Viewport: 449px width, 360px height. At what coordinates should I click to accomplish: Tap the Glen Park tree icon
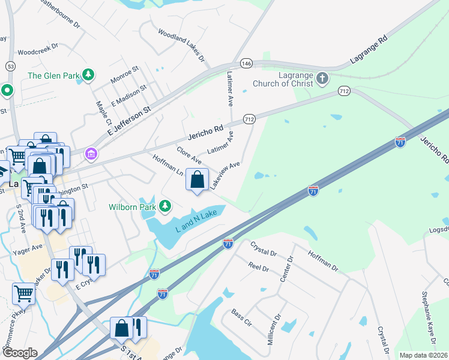tap(89, 75)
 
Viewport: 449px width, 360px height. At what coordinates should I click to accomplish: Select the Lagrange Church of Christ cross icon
tap(322, 78)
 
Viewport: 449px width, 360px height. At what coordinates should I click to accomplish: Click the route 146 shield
tap(246, 62)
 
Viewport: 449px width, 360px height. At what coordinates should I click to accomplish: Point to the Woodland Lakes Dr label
tap(181, 46)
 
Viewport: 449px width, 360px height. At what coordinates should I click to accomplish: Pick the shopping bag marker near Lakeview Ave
tap(197, 179)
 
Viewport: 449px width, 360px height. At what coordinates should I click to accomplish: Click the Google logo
tap(19, 353)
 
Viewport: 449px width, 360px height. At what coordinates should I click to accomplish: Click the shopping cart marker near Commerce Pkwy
tap(23, 294)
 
